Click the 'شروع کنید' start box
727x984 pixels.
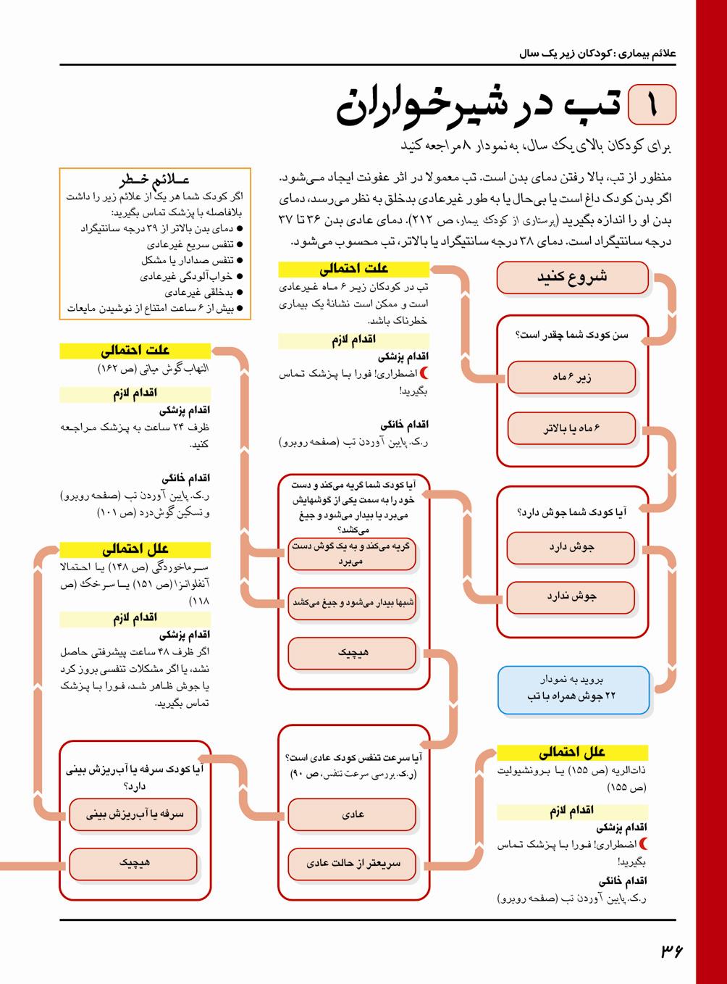click(572, 278)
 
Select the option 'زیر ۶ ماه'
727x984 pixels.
click(571, 378)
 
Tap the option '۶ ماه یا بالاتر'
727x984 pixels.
click(571, 428)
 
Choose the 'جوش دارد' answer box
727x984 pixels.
click(571, 548)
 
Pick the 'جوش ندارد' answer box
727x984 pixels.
click(571, 597)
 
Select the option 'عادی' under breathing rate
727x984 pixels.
click(353, 814)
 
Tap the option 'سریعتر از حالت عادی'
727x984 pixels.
click(353, 864)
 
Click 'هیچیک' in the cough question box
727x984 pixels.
click(134, 864)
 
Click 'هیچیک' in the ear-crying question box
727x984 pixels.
click(353, 654)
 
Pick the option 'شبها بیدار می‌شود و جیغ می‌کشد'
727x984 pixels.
click(353, 603)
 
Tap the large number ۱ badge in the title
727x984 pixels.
click(652, 104)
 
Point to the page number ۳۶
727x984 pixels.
click(671, 950)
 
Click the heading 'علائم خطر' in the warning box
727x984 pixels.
click(155, 180)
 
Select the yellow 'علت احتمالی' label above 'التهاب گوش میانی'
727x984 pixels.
click(135, 351)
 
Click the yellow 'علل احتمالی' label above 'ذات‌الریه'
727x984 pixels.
click(571, 753)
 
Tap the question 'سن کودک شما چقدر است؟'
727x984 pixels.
click(571, 335)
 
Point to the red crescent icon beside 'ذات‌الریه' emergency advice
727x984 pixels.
click(644, 844)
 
